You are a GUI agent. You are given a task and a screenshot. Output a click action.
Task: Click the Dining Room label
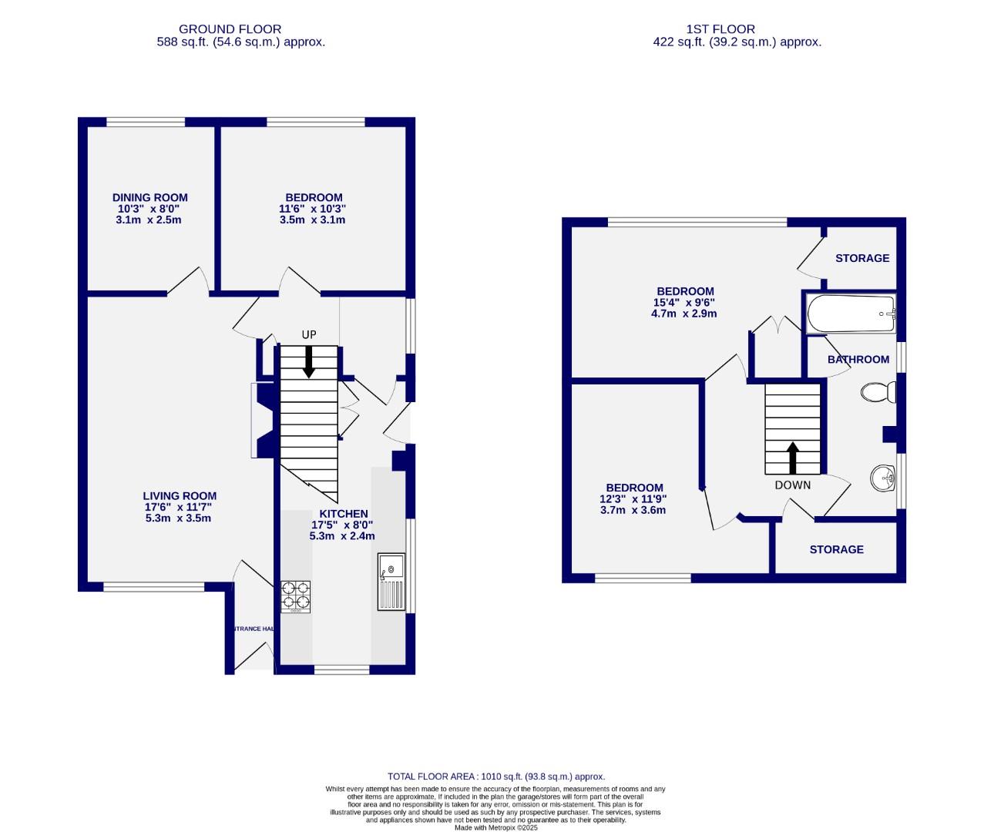(149, 198)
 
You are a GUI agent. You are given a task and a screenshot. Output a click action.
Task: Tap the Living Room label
(180, 496)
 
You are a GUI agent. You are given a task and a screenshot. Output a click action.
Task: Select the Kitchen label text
(344, 514)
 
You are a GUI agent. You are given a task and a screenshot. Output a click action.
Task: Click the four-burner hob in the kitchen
(296, 595)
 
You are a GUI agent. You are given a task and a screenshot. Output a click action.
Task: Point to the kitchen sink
(391, 581)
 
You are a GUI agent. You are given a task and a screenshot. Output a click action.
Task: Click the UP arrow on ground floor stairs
(308, 361)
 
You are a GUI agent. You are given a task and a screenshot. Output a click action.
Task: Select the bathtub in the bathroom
(851, 314)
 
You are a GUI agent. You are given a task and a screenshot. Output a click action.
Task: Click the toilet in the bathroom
(878, 393)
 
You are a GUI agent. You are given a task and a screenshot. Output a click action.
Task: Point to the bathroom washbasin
(883, 478)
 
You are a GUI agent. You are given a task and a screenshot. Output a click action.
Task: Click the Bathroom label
(858, 360)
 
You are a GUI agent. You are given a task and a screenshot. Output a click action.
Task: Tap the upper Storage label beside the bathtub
(862, 258)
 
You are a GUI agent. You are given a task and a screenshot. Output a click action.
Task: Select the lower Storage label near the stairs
(836, 549)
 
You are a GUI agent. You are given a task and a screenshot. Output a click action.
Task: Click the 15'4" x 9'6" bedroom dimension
(684, 303)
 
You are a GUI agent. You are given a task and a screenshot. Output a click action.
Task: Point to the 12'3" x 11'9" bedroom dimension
(634, 499)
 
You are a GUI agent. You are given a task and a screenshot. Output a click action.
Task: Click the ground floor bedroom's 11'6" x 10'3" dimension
(312, 209)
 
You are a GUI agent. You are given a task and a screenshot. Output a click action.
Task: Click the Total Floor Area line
(495, 777)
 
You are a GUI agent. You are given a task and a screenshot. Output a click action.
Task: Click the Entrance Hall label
(254, 629)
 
